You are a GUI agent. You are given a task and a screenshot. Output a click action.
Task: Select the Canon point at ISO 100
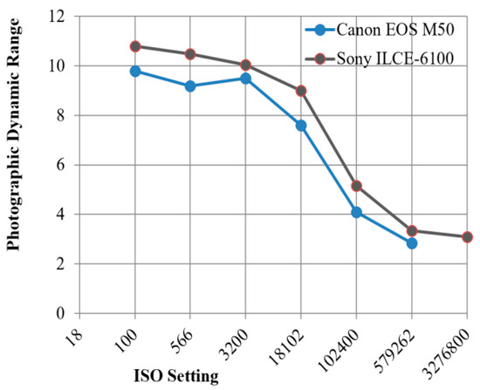(135, 71)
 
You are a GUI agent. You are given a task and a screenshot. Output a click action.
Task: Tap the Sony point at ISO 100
(135, 46)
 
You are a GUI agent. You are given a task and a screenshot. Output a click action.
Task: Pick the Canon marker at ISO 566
(190, 86)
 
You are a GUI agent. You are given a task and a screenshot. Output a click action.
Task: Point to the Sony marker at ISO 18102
(301, 91)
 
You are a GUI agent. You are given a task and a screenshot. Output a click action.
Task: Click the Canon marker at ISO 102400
(356, 212)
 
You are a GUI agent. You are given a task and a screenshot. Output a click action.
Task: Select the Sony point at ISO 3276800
(467, 236)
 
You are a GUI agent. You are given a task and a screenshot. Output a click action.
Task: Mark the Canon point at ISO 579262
(412, 243)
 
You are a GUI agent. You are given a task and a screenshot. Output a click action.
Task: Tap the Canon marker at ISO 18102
(301, 126)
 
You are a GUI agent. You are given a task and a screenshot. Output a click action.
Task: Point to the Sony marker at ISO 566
(190, 54)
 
